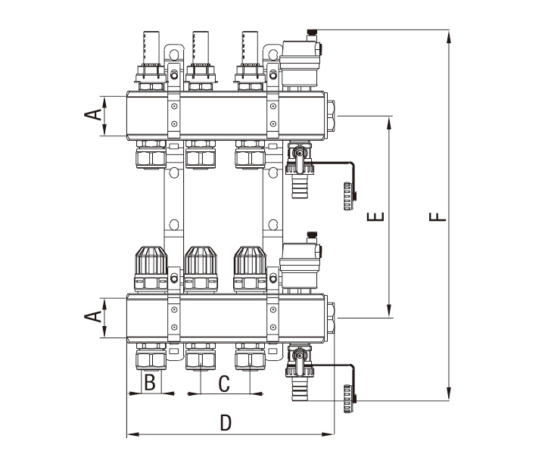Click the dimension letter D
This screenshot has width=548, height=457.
tap(225, 423)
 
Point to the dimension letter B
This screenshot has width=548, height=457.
tap(150, 383)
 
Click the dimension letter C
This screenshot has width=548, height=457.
tap(224, 384)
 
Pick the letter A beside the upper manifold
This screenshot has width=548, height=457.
tap(92, 115)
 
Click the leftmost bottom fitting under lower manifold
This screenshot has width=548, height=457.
tap(150, 357)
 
